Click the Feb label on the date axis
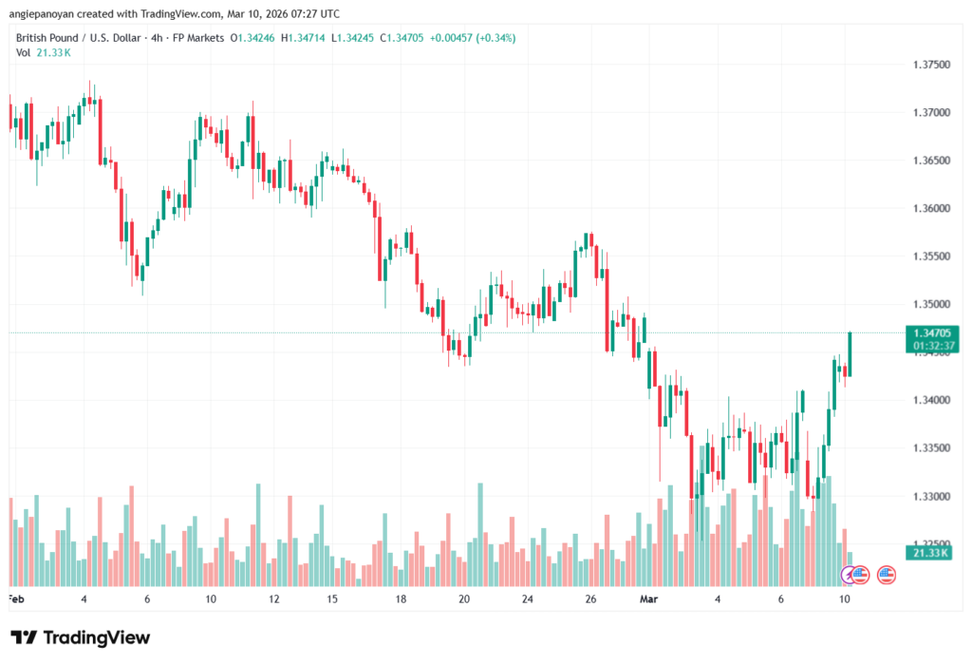tap(14, 599)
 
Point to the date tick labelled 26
tap(590, 599)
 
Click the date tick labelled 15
tap(332, 599)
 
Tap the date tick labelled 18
tap(402, 599)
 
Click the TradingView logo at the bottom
tap(81, 637)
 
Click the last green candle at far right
tap(850, 353)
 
